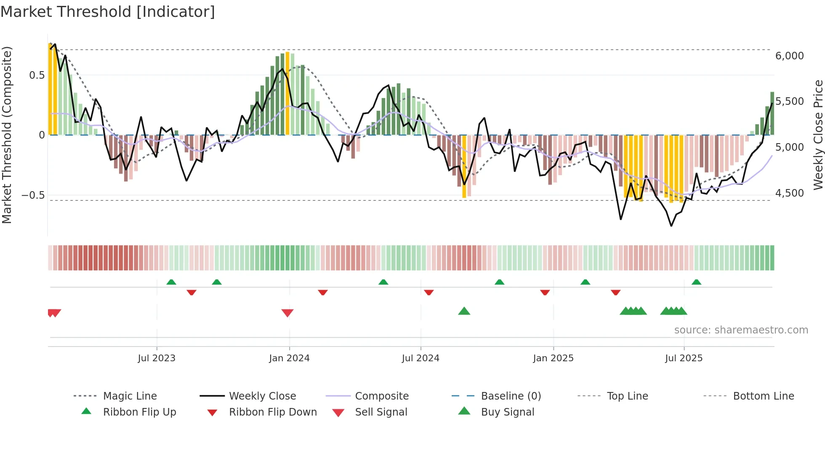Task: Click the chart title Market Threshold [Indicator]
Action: point(108,12)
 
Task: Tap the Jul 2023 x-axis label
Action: point(157,358)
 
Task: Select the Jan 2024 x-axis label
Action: point(289,358)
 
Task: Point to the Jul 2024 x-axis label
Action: point(420,358)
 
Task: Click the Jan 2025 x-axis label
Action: point(553,358)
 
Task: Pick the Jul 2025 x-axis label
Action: point(684,358)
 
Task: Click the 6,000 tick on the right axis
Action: point(790,56)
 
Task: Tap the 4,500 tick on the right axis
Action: point(790,193)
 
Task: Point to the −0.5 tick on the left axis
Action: point(33,195)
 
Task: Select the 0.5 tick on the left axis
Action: point(37,75)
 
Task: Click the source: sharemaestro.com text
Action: point(741,330)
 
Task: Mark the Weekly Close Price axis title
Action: point(818,135)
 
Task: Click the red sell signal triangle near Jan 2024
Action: point(287,313)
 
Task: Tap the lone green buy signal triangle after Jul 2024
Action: point(464,311)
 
